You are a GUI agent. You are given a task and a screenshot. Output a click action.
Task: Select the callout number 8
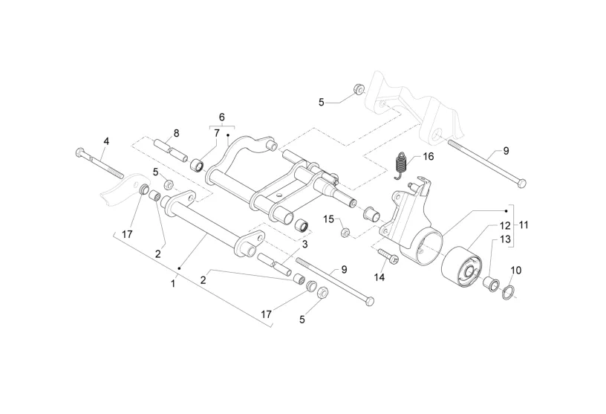[176, 133]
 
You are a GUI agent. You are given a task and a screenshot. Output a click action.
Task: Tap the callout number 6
[221, 117]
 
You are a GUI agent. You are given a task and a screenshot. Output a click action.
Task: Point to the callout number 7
[217, 133]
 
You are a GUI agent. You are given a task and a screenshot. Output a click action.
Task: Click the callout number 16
[428, 156]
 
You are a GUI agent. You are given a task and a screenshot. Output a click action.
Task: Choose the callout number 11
[524, 224]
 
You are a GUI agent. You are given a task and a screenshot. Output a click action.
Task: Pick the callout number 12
[504, 224]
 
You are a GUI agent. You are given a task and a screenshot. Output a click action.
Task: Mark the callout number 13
[504, 239]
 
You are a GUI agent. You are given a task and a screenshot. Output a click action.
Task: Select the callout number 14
[379, 277]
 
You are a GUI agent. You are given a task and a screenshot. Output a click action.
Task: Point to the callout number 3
[304, 244]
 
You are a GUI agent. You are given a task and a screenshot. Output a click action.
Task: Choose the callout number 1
[174, 282]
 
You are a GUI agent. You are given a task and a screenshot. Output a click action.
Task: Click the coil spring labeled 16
[401, 165]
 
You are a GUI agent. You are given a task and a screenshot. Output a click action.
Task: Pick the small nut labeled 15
[345, 234]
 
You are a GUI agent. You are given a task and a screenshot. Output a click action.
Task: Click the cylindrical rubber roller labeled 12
[460, 267]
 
